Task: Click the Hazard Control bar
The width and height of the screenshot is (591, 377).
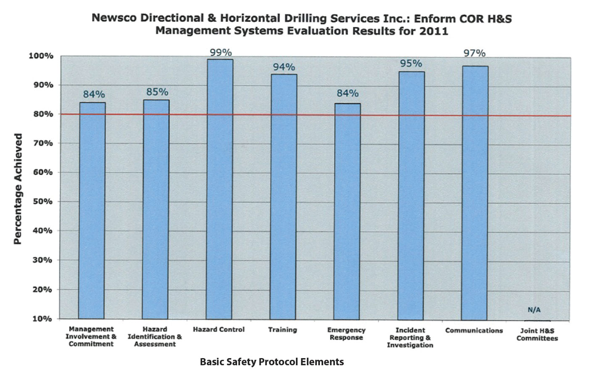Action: point(219,189)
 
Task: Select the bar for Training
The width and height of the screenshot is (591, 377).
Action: point(283,196)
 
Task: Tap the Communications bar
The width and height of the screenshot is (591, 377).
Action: point(475,193)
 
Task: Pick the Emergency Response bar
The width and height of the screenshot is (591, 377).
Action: point(347,211)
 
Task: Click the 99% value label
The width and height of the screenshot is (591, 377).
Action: point(221,52)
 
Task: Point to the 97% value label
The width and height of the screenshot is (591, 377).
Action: point(475,53)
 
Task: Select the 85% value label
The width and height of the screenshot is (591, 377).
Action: point(157,92)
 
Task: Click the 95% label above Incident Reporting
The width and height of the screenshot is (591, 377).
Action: point(411,63)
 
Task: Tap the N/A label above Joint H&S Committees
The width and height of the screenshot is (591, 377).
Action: point(534,310)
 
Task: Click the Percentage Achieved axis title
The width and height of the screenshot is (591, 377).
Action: point(18,189)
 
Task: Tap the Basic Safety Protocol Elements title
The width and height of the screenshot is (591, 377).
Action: point(272,362)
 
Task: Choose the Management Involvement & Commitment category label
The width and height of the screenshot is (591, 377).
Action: point(91,337)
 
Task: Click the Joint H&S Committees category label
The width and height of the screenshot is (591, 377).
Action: point(537,335)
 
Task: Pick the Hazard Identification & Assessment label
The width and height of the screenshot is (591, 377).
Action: point(155,337)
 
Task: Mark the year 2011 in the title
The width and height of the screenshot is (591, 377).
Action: point(433,31)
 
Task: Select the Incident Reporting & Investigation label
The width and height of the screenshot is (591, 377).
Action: point(410,338)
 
